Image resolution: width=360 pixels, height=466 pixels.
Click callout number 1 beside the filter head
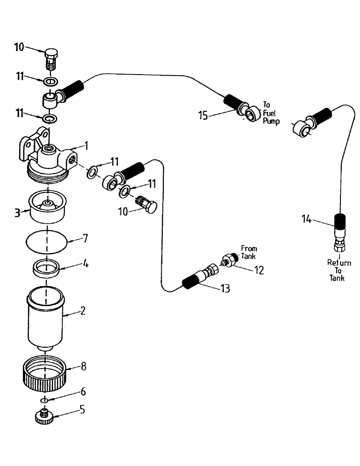[x=86, y=145]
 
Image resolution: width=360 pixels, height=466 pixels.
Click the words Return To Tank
[x=339, y=270]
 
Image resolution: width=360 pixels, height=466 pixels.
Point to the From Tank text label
[x=249, y=252]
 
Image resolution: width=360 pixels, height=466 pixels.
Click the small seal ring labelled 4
[x=48, y=269]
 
